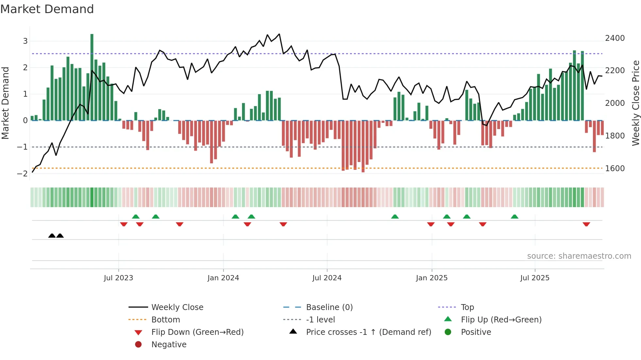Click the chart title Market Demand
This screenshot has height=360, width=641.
[x=47, y=9]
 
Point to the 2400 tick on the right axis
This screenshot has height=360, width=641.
[x=615, y=38]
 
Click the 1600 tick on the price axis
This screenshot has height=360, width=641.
[x=615, y=168]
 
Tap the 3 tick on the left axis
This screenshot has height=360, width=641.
[x=25, y=41]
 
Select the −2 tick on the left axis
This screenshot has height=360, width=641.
[x=23, y=173]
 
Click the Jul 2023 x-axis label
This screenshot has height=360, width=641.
[x=118, y=278]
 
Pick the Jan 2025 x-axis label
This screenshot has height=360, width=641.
[x=432, y=278]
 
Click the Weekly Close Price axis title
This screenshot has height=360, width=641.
[x=635, y=103]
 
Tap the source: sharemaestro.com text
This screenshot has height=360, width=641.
[x=579, y=256]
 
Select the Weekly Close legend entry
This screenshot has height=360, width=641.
[x=177, y=307]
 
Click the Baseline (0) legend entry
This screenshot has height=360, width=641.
[x=329, y=307]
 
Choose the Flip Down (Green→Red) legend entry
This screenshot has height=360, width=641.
[x=197, y=332]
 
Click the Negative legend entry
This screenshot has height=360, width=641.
[x=169, y=345]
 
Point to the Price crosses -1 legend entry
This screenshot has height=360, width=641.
[x=369, y=332]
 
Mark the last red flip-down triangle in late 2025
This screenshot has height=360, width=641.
[x=586, y=224]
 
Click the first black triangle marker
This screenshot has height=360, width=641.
[x=52, y=236]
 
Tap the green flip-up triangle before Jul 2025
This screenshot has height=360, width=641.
[x=514, y=217]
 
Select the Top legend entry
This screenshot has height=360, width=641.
[x=467, y=307]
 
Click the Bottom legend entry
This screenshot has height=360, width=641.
[x=165, y=319]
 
